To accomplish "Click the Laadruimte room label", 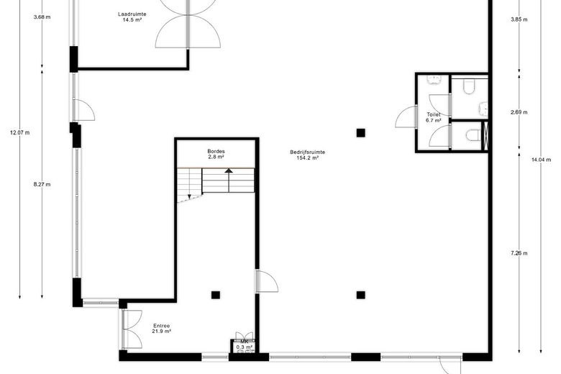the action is [132, 14].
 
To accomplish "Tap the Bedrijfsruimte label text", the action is [307, 152].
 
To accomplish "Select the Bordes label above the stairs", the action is [216, 151].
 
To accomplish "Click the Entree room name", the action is [161, 326].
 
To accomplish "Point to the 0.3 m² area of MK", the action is [245, 347].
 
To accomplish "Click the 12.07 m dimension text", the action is [20, 132].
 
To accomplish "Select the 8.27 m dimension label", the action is [42, 184].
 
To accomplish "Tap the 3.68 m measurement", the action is [42, 17].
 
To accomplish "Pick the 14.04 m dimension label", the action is [541, 160].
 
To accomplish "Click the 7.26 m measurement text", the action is [519, 253].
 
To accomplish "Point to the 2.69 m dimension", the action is [519, 112].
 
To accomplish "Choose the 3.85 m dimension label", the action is [519, 19].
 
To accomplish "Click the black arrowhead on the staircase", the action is [229, 170].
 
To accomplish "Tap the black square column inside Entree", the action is [215, 295].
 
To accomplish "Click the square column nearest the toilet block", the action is [360, 133].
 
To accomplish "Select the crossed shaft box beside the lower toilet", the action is [485, 135].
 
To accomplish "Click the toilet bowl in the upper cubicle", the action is [468, 86].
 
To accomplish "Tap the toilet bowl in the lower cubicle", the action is [474, 135].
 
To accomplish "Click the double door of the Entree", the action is [132, 329].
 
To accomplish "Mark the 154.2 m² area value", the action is [307, 158].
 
